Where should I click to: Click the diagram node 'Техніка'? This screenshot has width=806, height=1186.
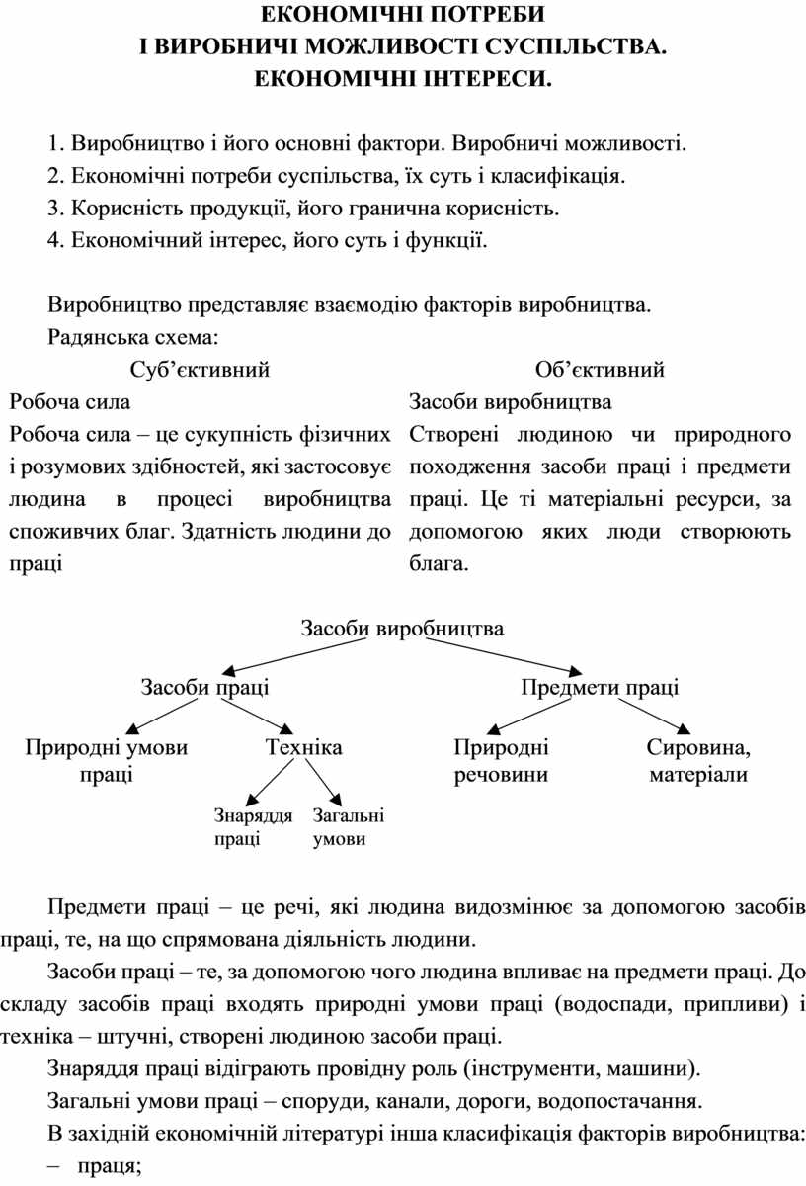[x=303, y=747]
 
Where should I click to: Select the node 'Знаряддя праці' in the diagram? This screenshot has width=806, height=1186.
[x=253, y=827]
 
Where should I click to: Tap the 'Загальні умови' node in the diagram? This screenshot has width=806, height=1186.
[x=349, y=827]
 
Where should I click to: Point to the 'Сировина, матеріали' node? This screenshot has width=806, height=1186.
[x=698, y=761]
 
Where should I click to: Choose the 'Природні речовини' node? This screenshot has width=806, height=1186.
[x=501, y=761]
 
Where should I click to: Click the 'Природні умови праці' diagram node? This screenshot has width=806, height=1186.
[x=107, y=761]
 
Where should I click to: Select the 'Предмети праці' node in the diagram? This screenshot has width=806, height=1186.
[x=600, y=687]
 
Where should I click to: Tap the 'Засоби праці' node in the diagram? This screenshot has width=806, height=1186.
[x=204, y=687]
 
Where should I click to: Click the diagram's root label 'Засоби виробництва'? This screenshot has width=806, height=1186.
[x=402, y=629]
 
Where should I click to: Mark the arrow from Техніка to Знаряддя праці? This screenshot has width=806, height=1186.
[x=270, y=783]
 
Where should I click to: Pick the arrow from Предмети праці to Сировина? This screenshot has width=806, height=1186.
[x=654, y=716]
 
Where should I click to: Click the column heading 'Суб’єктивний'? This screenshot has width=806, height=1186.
[x=200, y=369]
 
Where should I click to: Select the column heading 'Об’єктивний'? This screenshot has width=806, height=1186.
[x=600, y=369]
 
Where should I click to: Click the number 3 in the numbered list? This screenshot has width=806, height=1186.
[x=53, y=209]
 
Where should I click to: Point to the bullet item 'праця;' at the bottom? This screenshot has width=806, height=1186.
[x=110, y=1167]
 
